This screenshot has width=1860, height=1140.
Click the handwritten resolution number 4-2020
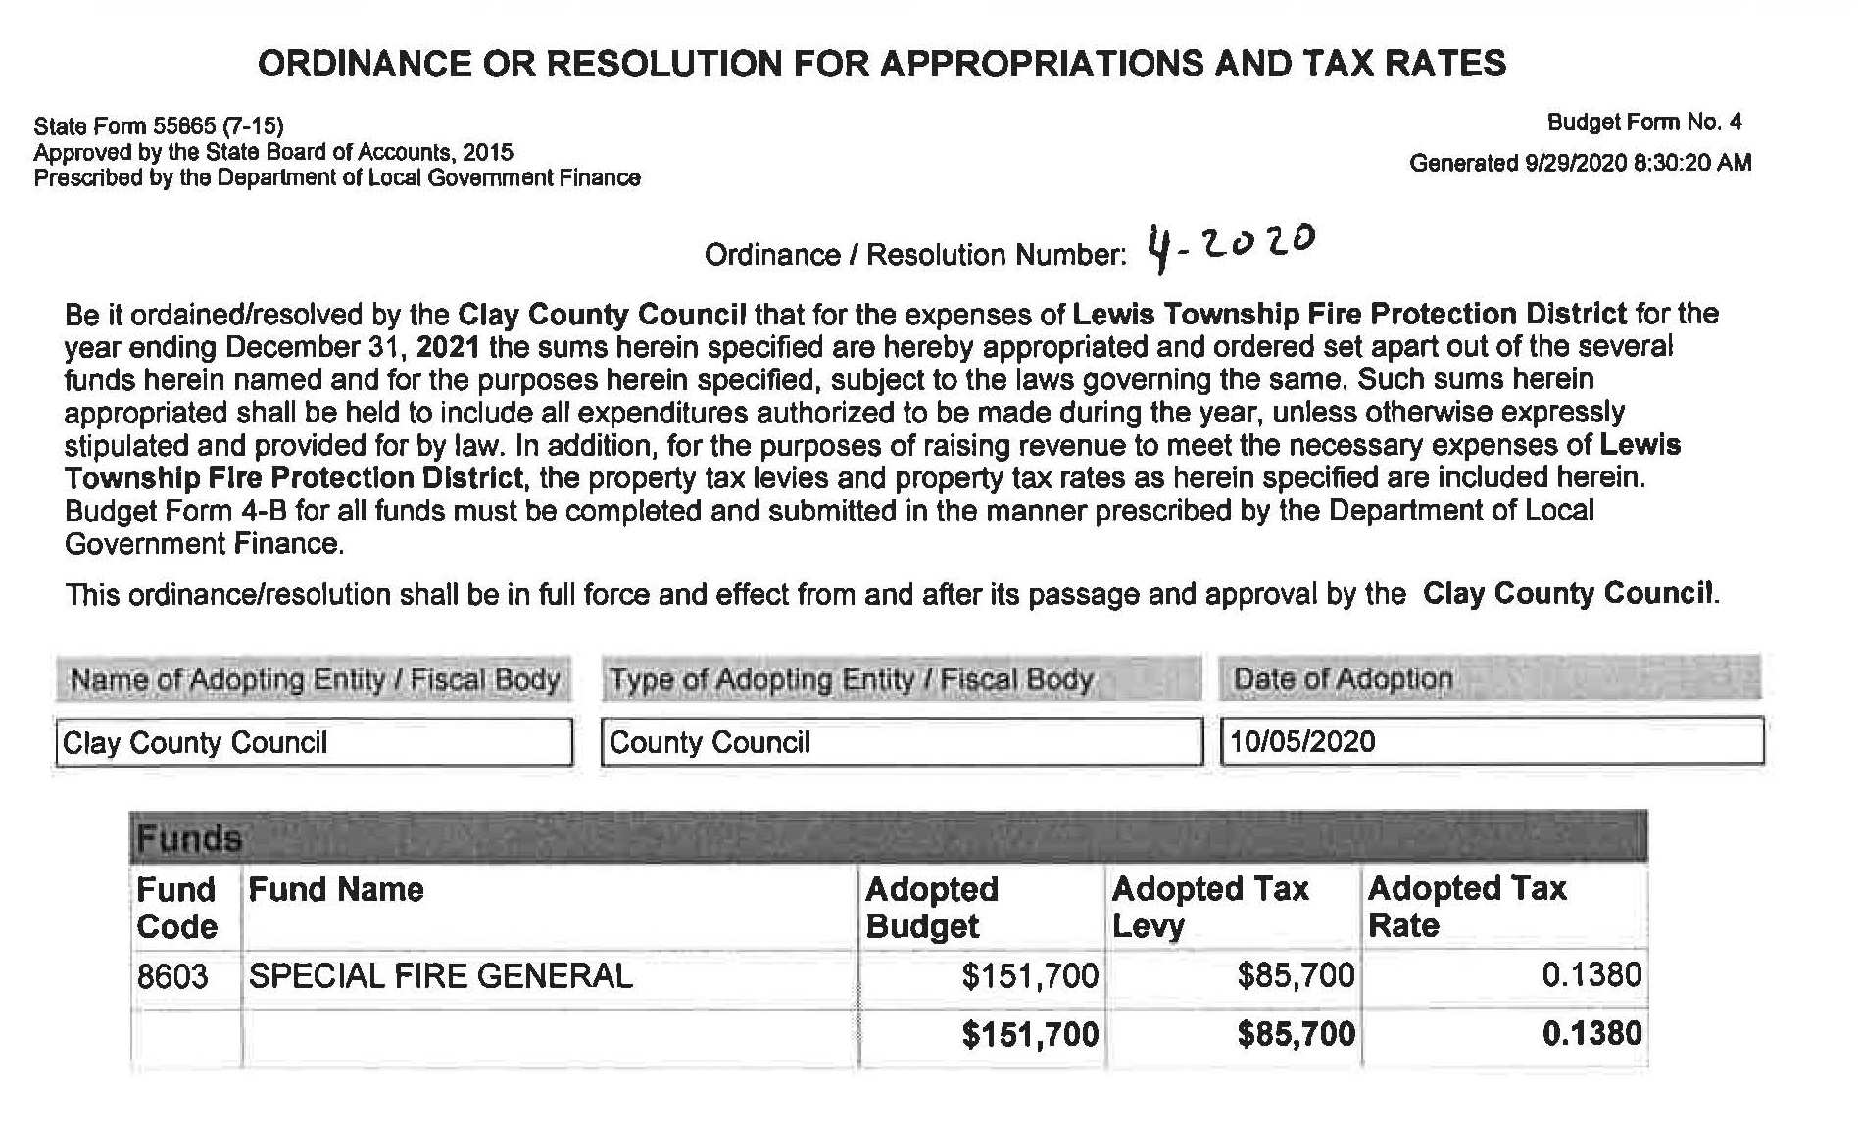pos(1231,248)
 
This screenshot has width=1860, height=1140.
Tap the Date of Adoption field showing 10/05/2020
pos(1491,741)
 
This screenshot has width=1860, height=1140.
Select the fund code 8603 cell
pos(173,976)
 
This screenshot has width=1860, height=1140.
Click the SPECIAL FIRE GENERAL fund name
pos(440,976)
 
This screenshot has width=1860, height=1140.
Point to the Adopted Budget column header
pos(931,907)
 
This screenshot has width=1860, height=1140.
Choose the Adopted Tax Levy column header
pos(1209,907)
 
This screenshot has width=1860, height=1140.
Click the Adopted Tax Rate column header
pos(1466,907)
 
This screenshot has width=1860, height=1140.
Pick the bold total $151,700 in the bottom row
pos(1030,1035)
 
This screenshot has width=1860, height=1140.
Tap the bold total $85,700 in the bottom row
pos(1296,1035)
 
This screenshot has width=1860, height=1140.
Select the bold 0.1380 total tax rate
pos(1591,1034)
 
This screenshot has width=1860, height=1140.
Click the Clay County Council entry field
pos(314,742)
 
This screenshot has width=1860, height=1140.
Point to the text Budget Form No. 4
pos(1643,123)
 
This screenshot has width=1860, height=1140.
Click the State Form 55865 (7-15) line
pos(159,126)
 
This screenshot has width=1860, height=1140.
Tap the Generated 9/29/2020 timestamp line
pos(1580,163)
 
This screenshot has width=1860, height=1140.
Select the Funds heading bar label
pos(189,839)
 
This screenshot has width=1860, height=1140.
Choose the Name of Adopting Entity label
pos(315,679)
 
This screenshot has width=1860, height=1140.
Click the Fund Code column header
pos(176,908)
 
